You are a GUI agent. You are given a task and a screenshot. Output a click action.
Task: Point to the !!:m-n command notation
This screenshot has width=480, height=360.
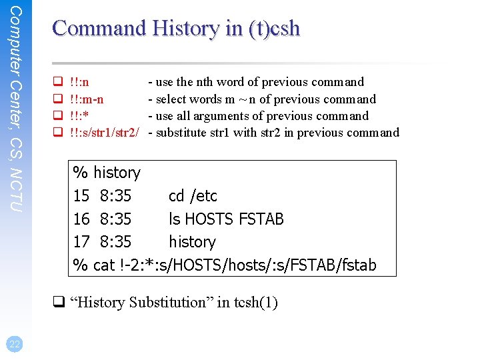click(x=87, y=99)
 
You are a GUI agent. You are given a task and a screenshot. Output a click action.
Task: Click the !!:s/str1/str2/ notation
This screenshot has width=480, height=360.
click(x=104, y=133)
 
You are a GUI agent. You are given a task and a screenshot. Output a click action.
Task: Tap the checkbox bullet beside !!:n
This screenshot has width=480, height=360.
click(x=57, y=83)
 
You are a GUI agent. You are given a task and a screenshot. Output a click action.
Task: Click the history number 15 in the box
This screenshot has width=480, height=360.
click(x=81, y=196)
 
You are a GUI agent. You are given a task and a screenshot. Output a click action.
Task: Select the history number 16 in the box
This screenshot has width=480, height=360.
click(x=81, y=219)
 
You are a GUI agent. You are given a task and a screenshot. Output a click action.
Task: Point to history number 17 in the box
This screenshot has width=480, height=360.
click(x=81, y=241)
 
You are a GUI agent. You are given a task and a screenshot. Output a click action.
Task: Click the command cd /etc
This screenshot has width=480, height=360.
click(x=193, y=196)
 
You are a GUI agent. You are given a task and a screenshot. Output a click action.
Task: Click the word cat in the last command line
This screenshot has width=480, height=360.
click(x=104, y=265)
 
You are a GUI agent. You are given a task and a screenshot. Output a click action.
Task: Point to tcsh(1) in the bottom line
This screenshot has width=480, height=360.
click(x=256, y=303)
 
